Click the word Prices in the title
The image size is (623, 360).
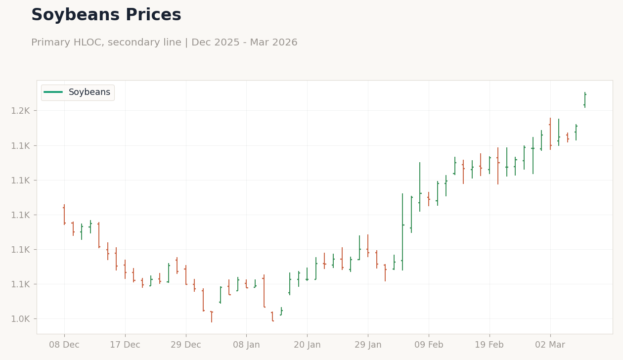[153, 14]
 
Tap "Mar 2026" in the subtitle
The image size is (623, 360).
[274, 43]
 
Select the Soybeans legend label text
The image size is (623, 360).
[89, 92]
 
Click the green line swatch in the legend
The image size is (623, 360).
[53, 92]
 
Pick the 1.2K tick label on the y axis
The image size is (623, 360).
[20, 111]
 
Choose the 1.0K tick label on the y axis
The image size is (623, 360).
[20, 319]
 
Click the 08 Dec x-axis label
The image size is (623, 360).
[64, 345]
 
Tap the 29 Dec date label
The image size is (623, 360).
[186, 345]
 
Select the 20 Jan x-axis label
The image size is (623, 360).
[307, 345]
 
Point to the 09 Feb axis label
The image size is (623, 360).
[429, 345]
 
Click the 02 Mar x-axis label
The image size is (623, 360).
[550, 345]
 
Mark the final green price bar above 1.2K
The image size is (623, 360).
[585, 100]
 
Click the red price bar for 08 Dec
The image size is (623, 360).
[64, 215]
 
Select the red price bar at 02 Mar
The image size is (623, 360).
[550, 134]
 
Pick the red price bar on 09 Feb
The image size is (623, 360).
[429, 199]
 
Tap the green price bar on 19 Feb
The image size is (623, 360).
[489, 165]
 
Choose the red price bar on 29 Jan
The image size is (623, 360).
[368, 246]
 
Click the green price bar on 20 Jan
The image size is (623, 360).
[307, 274]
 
